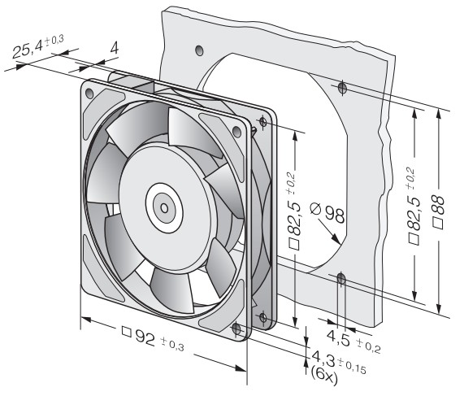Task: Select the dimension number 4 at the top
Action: (x=115, y=48)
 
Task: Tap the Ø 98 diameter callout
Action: (x=327, y=211)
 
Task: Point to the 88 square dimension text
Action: (x=438, y=205)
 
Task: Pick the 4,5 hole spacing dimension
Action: (x=339, y=337)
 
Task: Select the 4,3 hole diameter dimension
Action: (x=323, y=358)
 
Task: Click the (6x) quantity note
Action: (x=324, y=375)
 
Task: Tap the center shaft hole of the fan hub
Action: (x=164, y=208)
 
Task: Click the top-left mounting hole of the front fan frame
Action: (x=89, y=94)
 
